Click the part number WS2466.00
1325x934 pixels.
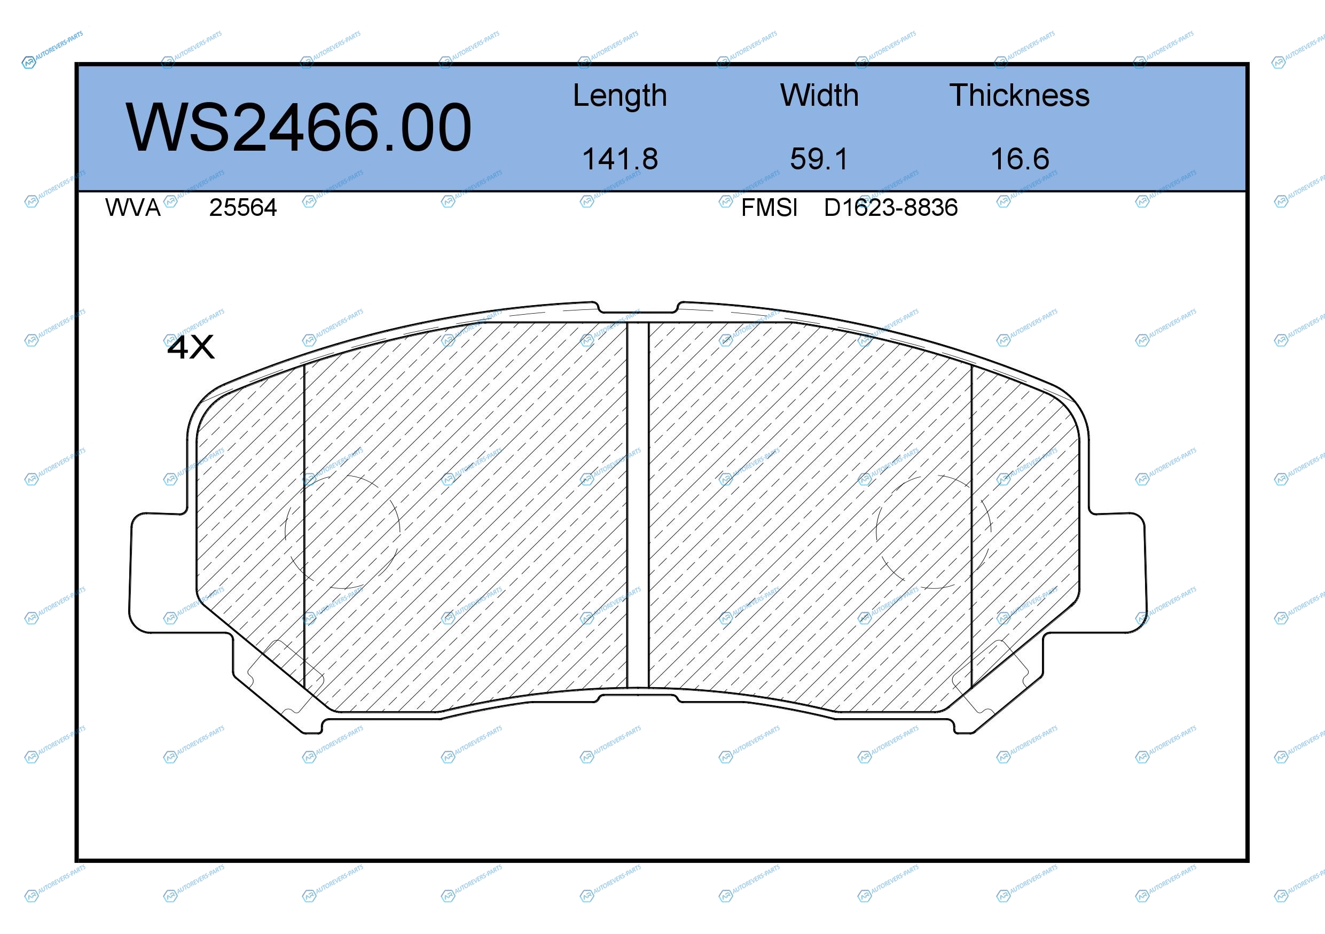point(299,128)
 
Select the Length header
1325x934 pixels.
point(620,96)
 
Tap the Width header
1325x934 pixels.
point(819,95)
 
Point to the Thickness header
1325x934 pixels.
point(1019,95)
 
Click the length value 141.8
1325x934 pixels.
point(620,159)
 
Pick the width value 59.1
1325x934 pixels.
point(819,159)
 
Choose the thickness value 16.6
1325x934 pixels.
point(1020,159)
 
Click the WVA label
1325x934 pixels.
point(133,208)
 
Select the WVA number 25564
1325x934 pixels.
point(243,208)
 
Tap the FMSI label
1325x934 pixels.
point(769,208)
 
